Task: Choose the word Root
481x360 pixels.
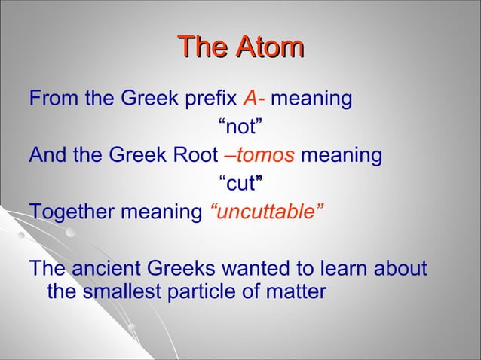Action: [x=198, y=156]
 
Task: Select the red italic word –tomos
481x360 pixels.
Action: [x=259, y=156]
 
